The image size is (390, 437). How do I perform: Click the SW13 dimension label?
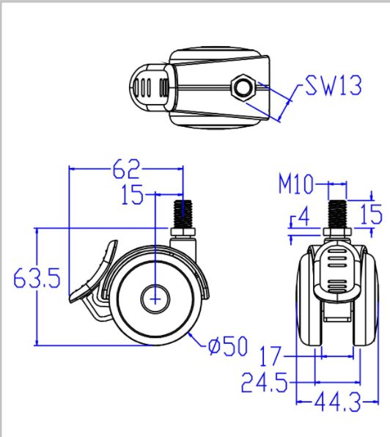point(333,87)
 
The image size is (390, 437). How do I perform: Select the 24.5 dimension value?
point(265,382)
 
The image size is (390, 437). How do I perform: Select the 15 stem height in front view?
point(372,215)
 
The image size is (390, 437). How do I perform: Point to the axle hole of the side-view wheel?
point(155,299)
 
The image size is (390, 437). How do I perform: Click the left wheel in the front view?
point(307,304)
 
